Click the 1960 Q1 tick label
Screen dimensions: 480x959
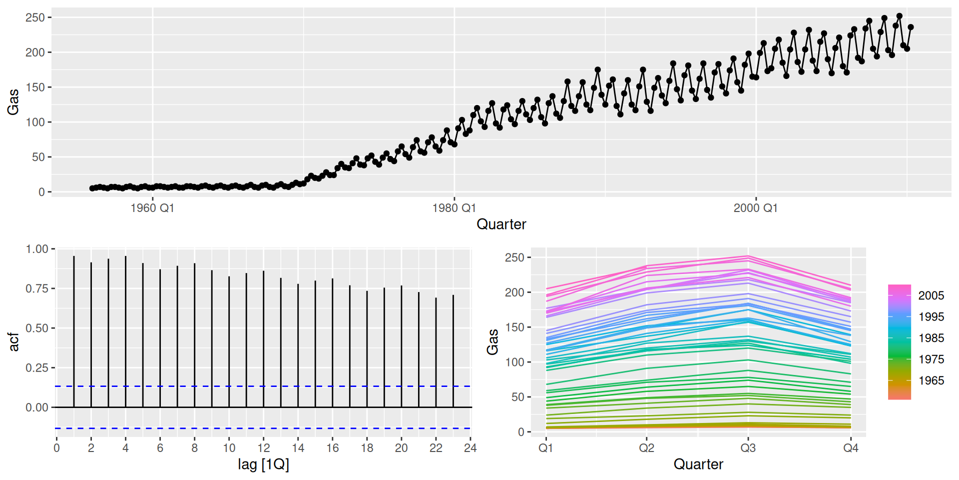(x=152, y=208)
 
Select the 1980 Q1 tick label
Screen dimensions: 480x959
(x=454, y=208)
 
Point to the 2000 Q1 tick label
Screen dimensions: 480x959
(x=755, y=208)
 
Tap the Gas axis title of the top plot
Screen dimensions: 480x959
(x=13, y=101)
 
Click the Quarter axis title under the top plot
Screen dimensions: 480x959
(x=501, y=224)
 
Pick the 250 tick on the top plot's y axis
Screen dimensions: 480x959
(x=35, y=17)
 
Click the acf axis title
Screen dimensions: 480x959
(x=14, y=342)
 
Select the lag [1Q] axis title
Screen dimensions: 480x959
(x=263, y=464)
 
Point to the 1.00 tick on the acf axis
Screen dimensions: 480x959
(x=37, y=249)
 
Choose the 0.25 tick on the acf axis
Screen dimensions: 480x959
(x=37, y=368)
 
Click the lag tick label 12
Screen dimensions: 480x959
(x=264, y=448)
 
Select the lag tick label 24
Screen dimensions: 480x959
(x=470, y=448)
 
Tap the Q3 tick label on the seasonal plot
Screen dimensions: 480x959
(x=748, y=448)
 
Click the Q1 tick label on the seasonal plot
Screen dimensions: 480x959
(x=545, y=448)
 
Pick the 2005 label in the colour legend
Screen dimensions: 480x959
(x=931, y=295)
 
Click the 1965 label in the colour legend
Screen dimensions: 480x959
(x=931, y=380)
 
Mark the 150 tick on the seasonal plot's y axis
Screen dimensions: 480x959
(x=514, y=327)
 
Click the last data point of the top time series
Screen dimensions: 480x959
(x=911, y=27)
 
